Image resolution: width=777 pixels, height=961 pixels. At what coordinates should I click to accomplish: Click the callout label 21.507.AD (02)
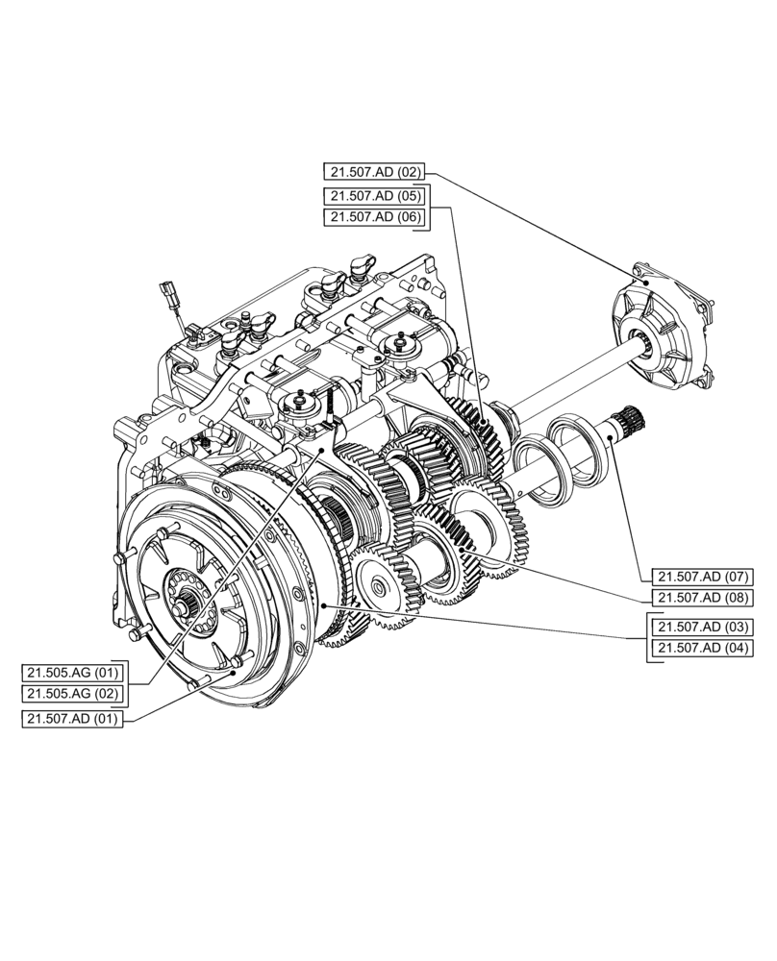pyautogui.click(x=373, y=173)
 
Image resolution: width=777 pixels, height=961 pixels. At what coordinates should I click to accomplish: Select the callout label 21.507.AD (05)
pyautogui.click(x=373, y=196)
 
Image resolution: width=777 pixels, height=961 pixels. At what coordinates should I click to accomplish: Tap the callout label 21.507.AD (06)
pyautogui.click(x=373, y=217)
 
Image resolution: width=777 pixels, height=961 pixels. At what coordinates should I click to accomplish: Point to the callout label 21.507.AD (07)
pyautogui.click(x=701, y=577)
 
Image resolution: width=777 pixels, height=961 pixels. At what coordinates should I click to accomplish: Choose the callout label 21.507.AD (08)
pyautogui.click(x=701, y=599)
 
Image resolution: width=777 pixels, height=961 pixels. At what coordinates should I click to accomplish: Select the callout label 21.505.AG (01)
pyautogui.click(x=72, y=672)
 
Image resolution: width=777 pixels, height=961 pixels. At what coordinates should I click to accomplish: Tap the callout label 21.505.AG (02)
pyautogui.click(x=72, y=694)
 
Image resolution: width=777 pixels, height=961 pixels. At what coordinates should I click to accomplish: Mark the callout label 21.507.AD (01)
pyautogui.click(x=72, y=719)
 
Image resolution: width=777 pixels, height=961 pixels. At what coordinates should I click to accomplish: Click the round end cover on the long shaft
pyautogui.click(x=664, y=326)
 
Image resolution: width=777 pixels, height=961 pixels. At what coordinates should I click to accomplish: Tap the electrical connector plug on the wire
pyautogui.click(x=171, y=291)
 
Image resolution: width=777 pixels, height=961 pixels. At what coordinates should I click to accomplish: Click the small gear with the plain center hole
pyautogui.click(x=377, y=583)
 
